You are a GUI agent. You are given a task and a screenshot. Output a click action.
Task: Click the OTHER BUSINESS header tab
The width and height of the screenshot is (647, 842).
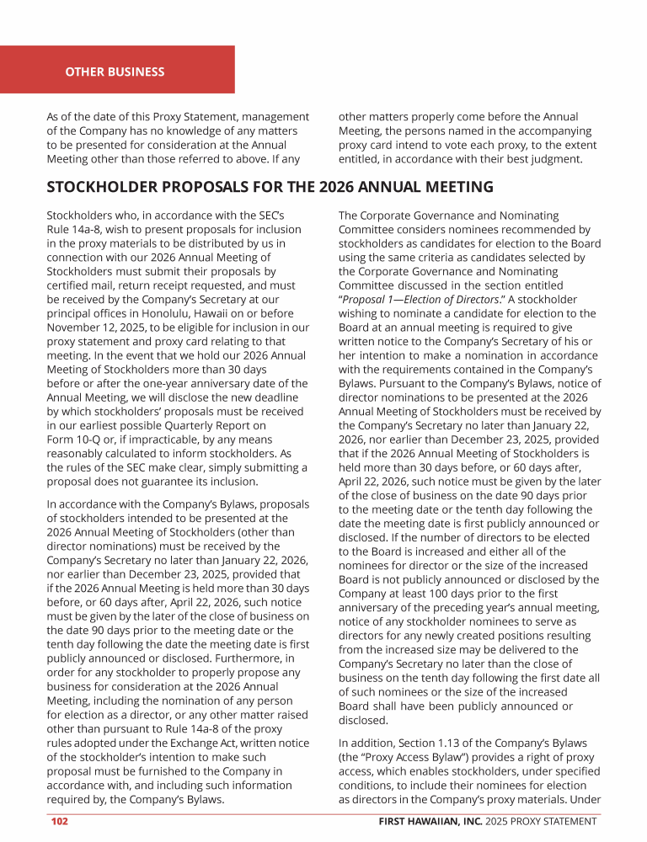(115, 72)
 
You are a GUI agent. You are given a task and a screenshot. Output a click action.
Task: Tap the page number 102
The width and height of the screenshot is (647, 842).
(59, 821)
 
